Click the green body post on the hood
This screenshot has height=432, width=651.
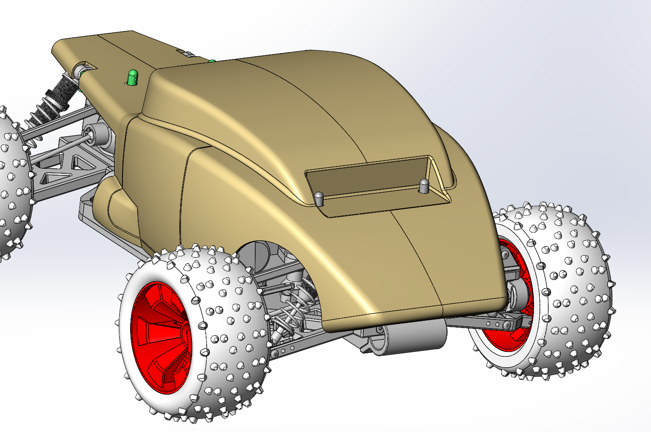coord(132,77)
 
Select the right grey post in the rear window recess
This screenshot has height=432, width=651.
coord(424,186)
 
